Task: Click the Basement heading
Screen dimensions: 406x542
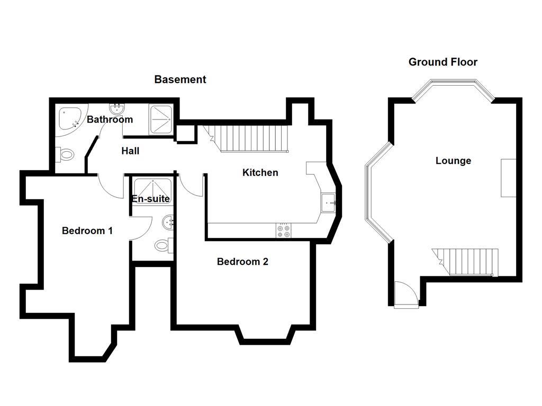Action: click(x=180, y=79)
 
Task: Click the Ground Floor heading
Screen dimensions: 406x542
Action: click(x=442, y=62)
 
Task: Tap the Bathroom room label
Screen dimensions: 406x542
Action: click(x=110, y=119)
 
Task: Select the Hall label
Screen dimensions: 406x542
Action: click(x=130, y=151)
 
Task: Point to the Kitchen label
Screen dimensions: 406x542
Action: click(x=260, y=172)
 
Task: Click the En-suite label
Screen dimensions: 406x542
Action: click(x=151, y=199)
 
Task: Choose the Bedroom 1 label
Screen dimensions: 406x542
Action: click(x=87, y=230)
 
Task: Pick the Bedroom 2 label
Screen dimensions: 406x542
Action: click(x=242, y=261)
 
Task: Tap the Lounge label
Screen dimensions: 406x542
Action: click(x=453, y=161)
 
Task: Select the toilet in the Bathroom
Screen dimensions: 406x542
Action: click(x=66, y=155)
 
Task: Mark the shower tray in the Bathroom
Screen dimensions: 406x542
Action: click(x=161, y=118)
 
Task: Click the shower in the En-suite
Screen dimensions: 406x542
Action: click(x=152, y=187)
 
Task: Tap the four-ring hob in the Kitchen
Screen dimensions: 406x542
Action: click(x=283, y=230)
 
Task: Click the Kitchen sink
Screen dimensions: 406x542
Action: click(x=328, y=202)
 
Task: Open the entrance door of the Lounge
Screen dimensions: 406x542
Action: click(x=405, y=294)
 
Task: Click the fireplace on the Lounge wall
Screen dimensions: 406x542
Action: click(x=508, y=178)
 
